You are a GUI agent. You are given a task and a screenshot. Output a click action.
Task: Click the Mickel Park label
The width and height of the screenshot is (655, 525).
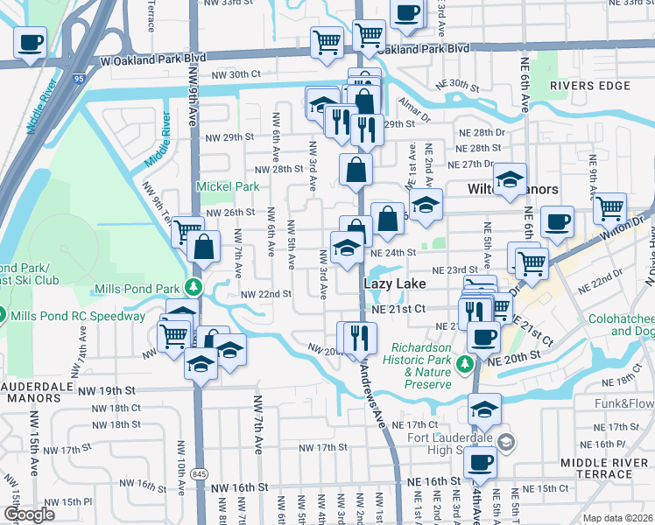228,186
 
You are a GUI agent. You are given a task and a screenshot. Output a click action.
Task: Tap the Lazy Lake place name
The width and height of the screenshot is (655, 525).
394,284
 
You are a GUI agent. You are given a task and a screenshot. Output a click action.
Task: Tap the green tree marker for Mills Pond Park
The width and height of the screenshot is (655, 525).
194,287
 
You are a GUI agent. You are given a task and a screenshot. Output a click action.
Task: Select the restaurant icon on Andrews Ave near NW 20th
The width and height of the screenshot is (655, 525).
357,337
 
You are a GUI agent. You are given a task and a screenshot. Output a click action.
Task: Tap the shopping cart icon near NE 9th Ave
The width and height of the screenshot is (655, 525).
609,208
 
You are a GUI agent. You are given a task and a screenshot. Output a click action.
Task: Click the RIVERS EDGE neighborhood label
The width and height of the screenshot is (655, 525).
590,86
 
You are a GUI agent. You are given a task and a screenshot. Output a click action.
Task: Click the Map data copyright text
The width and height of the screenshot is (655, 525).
619,518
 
